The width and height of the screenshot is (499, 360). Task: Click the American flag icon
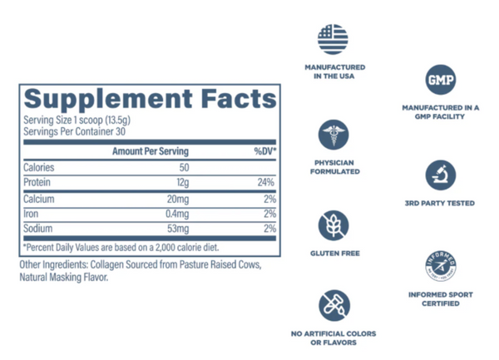[333, 39]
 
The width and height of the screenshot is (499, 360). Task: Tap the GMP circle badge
[440, 81]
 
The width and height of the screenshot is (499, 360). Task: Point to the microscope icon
[440, 175]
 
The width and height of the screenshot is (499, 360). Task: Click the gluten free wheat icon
[333, 224]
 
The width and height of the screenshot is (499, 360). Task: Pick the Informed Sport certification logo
[440, 266]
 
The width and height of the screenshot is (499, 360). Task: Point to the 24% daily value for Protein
[267, 183]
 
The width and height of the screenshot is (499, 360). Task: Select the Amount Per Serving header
[150, 151]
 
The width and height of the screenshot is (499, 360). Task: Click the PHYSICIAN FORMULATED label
[333, 166]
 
